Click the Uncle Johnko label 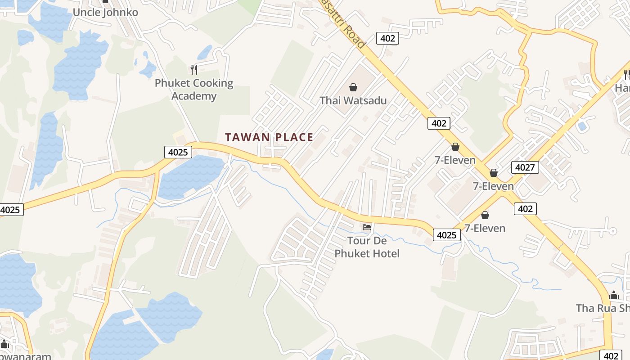pyautogui.click(x=105, y=12)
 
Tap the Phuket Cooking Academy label pyautogui.click(x=194, y=89)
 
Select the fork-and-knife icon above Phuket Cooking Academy pyautogui.click(x=194, y=69)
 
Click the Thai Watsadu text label pyautogui.click(x=353, y=100)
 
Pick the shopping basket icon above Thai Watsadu pyautogui.click(x=353, y=87)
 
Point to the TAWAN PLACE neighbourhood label pyautogui.click(x=269, y=137)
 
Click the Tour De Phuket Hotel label pyautogui.click(x=367, y=247)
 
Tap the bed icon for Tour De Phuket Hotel pyautogui.click(x=367, y=227)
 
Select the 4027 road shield pyautogui.click(x=525, y=168)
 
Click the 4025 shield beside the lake pyautogui.click(x=178, y=152)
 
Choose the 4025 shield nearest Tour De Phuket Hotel pyautogui.click(x=447, y=234)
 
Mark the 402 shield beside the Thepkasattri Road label pyautogui.click(x=387, y=38)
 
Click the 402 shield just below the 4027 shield pyautogui.click(x=525, y=208)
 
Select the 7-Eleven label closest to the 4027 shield pyautogui.click(x=493, y=186)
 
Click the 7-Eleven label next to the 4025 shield pyautogui.click(x=485, y=228)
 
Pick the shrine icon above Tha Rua pyautogui.click(x=614, y=296)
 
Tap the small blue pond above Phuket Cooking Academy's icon pyautogui.click(x=205, y=52)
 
